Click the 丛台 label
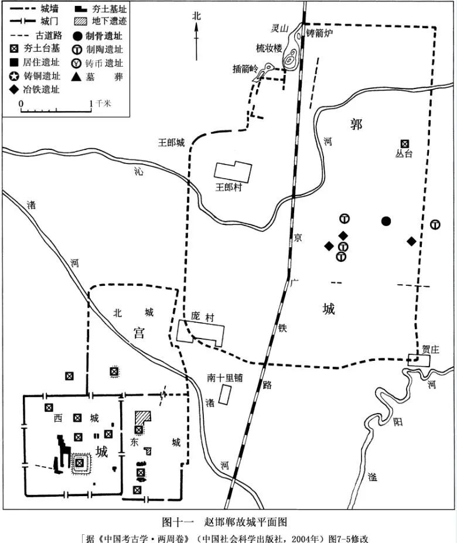[404, 154]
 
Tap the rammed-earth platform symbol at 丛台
[404, 144]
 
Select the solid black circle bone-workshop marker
[386, 221]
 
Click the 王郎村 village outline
[233, 171]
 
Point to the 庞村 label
[203, 316]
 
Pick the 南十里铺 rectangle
[224, 394]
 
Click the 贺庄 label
[430, 349]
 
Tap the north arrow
[196, 35]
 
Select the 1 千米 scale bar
[56, 110]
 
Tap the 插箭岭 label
[245, 69]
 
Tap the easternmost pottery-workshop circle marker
[435, 224]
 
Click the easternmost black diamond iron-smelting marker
[412, 241]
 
